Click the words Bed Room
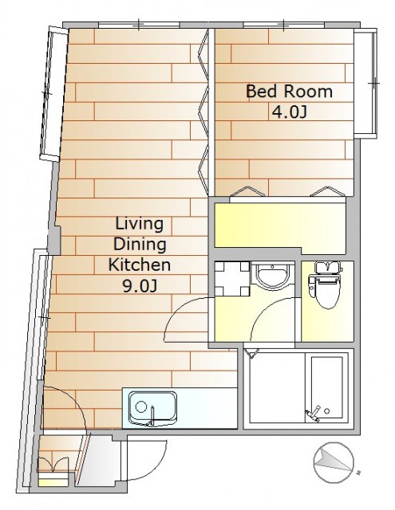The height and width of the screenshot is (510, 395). [289, 92]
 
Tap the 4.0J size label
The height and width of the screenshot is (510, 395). [289, 112]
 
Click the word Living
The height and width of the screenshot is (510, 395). [140, 225]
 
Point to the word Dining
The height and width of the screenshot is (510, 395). [140, 245]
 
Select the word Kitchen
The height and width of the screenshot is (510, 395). [140, 265]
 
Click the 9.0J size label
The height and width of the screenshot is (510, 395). [140, 285]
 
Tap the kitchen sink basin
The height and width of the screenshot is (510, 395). [152, 409]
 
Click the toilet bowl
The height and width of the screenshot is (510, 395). [328, 292]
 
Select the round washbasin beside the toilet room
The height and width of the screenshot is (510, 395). [272, 277]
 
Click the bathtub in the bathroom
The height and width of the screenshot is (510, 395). [326, 387]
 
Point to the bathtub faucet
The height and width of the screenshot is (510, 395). [314, 414]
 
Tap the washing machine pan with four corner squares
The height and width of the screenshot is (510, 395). [232, 279]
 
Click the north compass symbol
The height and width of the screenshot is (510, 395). [334, 462]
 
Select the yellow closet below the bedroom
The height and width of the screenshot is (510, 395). [280, 225]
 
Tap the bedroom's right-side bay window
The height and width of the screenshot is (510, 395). [365, 84]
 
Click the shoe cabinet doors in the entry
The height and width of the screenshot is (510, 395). [53, 464]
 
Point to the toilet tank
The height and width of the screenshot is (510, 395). [328, 268]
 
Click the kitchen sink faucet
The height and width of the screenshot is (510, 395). [152, 416]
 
